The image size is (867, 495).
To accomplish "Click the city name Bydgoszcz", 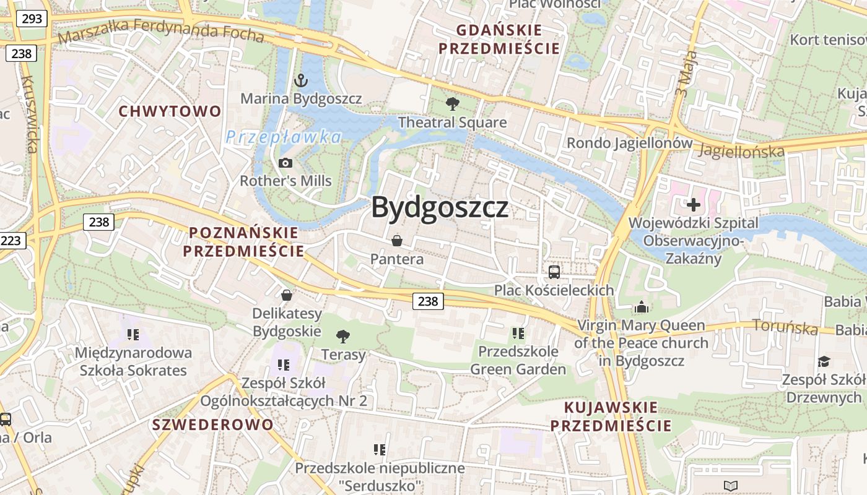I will click(440, 208).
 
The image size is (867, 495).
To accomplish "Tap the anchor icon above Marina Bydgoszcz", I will click(300, 80).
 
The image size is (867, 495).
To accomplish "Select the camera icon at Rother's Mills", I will click(285, 163).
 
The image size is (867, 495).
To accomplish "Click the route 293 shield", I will click(32, 19).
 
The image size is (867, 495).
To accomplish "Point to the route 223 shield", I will click(11, 240).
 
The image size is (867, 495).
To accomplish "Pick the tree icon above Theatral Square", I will click(453, 104).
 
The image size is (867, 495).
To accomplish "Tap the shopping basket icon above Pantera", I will click(397, 240).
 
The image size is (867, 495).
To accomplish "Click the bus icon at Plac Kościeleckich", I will click(554, 272).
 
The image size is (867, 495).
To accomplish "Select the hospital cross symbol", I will click(694, 204).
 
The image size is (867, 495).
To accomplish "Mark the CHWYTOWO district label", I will click(170, 111).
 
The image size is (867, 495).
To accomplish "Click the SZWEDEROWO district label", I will click(212, 424).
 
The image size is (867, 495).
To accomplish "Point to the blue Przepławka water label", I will click(284, 137).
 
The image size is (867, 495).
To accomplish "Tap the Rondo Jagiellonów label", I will click(630, 143).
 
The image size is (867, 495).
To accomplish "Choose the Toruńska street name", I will click(785, 327).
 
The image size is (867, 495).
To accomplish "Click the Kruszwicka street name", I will click(29, 114).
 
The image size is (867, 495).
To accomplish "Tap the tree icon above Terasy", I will click(342, 336).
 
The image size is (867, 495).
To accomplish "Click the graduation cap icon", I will click(824, 361).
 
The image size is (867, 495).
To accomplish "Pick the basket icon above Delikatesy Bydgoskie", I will click(287, 295).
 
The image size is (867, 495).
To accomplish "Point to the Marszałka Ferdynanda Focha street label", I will click(161, 30).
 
